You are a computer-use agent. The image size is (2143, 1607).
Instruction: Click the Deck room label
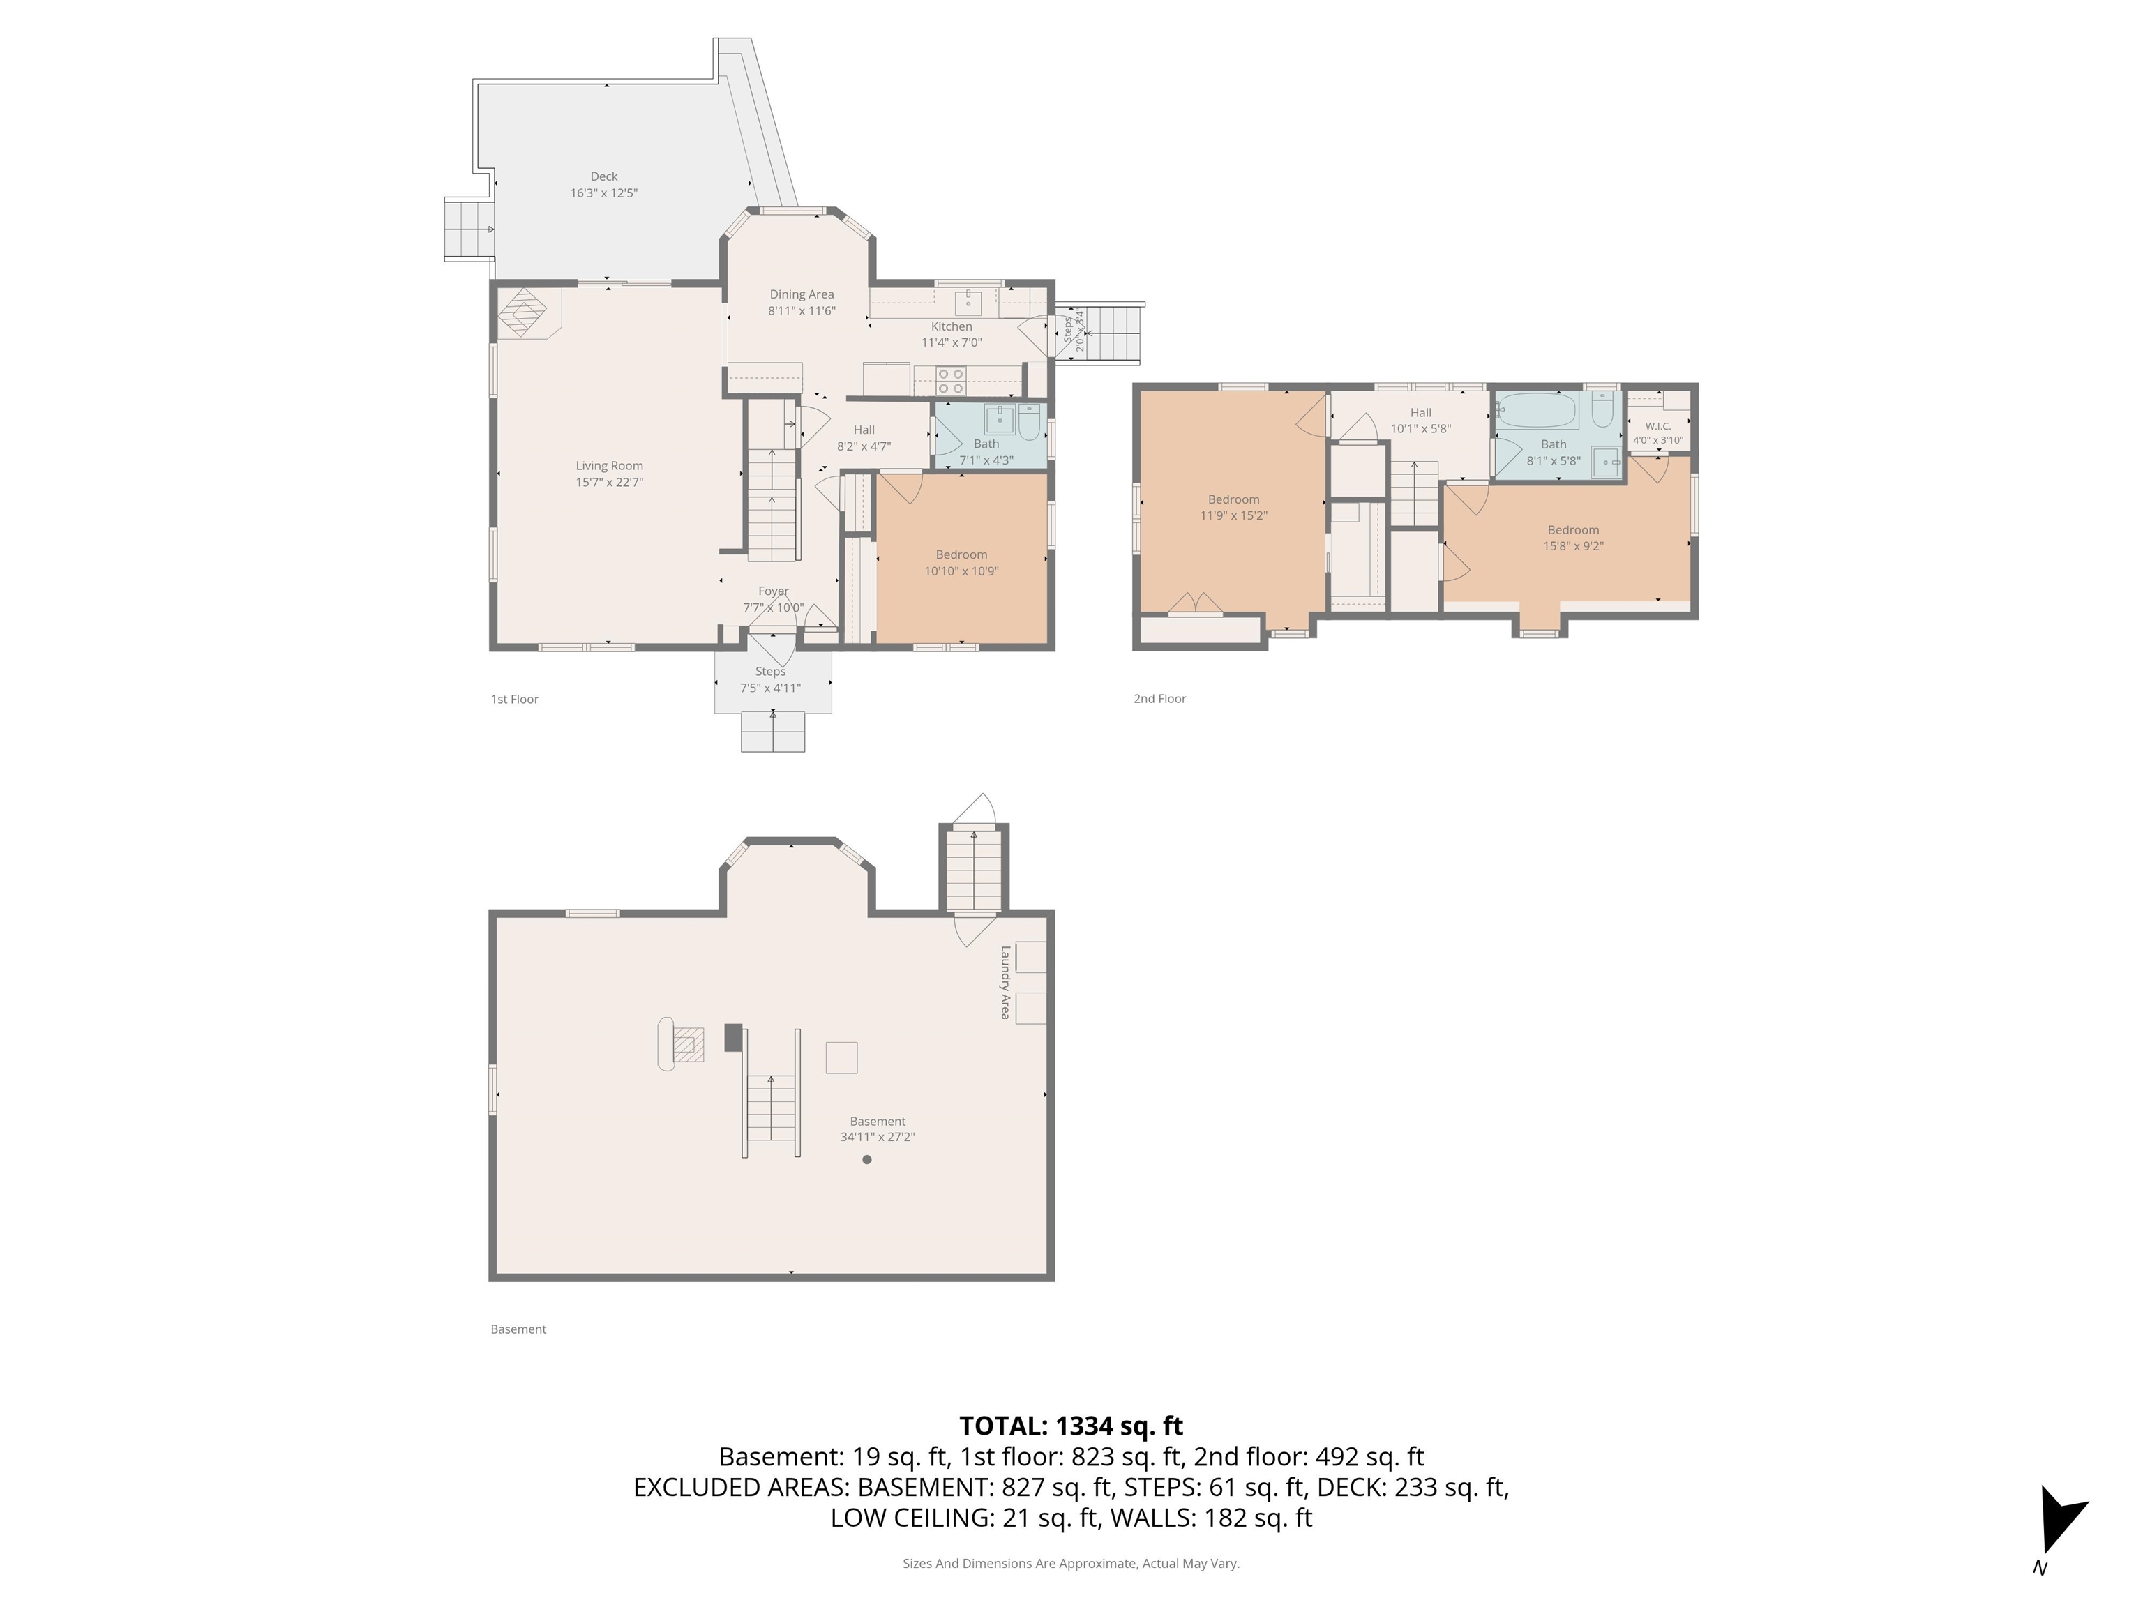click(x=603, y=176)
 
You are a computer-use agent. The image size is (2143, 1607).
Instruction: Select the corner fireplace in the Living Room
click(x=524, y=313)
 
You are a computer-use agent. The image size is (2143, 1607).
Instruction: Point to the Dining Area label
click(x=802, y=294)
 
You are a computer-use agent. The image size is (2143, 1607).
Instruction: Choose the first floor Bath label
click(x=986, y=444)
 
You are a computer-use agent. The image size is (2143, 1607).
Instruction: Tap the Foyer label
click(x=773, y=591)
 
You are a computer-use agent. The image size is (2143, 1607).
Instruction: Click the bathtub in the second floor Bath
click(x=1538, y=411)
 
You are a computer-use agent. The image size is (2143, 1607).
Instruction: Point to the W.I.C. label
click(x=1657, y=426)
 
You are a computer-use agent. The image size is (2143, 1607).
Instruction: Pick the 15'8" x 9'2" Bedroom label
click(x=1572, y=530)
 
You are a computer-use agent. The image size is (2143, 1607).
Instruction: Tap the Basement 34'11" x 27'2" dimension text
click(x=877, y=1137)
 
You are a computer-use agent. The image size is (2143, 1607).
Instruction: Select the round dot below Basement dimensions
click(x=867, y=1159)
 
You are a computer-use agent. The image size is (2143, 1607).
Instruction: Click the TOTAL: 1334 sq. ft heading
click(x=1071, y=1426)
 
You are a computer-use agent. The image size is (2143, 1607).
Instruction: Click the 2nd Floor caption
click(x=1159, y=698)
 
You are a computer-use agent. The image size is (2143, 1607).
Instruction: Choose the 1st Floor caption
click(x=514, y=700)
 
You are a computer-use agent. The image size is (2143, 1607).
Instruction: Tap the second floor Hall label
click(x=1420, y=413)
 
